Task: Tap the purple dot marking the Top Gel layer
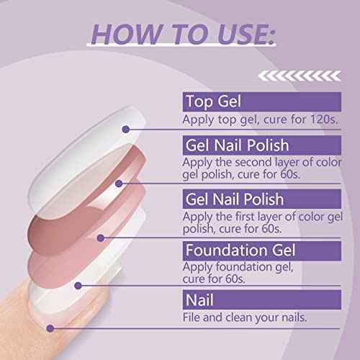(126, 129)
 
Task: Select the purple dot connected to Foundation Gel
(78, 284)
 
